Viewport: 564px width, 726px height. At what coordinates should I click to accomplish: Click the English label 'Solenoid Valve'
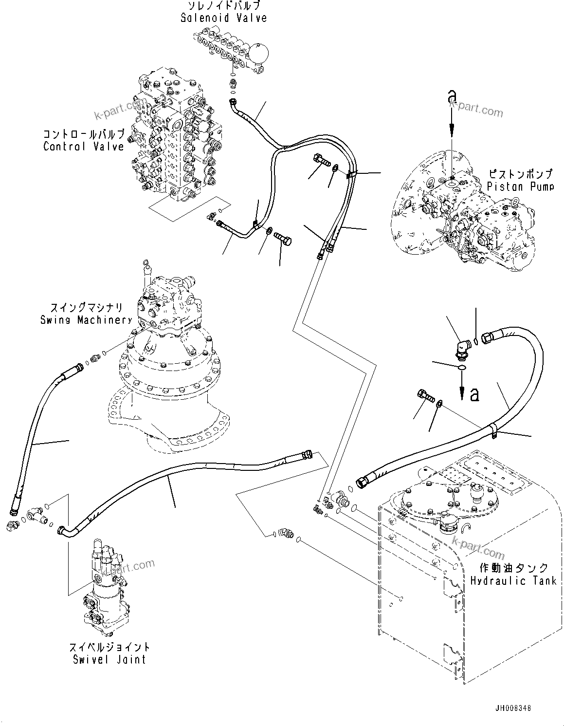click(x=223, y=18)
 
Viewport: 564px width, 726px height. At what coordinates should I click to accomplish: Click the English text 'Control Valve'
click(x=84, y=146)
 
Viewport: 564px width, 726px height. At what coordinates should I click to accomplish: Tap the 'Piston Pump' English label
click(x=520, y=186)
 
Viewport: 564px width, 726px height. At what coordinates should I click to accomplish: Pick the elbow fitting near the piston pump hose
click(x=463, y=349)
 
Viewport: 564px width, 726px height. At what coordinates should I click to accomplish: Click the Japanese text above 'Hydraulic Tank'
click(x=514, y=568)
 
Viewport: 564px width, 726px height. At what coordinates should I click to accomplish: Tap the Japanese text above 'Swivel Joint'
click(x=109, y=647)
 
